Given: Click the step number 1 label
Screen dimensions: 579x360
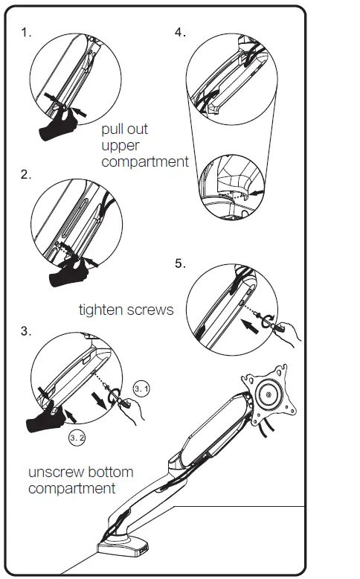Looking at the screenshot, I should [x=26, y=34].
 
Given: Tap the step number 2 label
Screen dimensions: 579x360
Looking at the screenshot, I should [x=26, y=175].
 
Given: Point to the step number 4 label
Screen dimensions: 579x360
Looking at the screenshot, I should [x=180, y=33].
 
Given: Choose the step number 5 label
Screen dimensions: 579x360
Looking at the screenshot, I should [x=180, y=263].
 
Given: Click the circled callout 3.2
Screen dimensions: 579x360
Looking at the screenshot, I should [x=77, y=438].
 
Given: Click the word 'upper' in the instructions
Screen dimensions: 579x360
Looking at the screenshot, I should [x=120, y=146].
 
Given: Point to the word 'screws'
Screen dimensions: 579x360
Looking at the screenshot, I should [x=152, y=309].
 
